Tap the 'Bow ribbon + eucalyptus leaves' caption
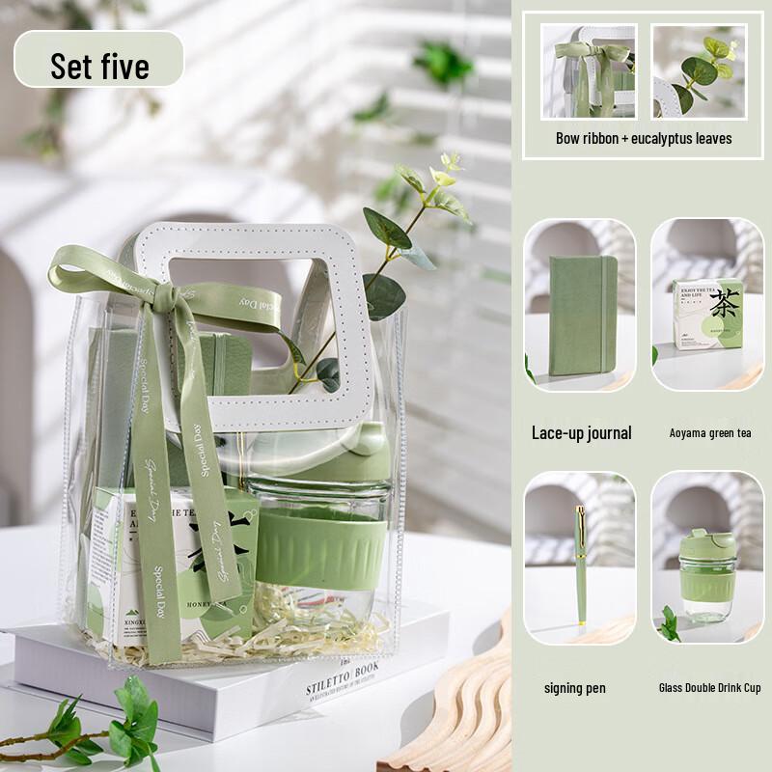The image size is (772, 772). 644,138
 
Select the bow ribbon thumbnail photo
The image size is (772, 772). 589,70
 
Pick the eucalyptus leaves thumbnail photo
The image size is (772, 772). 699,70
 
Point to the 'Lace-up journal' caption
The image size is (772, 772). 581,432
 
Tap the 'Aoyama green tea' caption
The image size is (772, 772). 710,433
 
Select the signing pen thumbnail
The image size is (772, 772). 580,557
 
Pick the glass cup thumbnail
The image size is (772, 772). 707,557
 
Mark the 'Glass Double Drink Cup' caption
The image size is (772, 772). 710,688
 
